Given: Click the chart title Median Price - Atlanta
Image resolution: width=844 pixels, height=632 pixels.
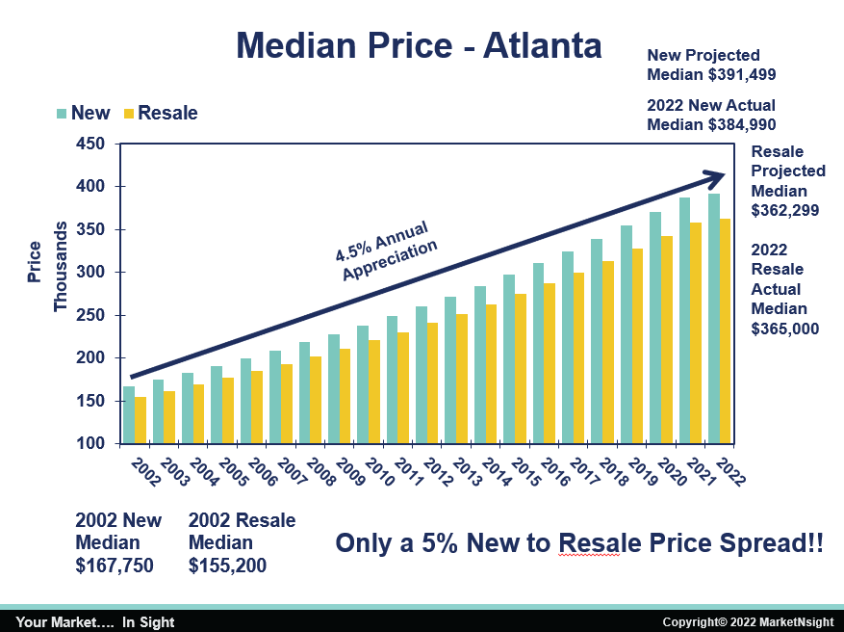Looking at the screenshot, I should coord(419,45).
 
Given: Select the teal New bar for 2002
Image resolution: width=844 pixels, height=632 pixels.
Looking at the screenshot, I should coord(129,415).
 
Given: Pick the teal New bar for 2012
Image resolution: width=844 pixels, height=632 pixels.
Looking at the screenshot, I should coord(422,375).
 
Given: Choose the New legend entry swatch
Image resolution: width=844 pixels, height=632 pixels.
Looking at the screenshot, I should coord(62,114).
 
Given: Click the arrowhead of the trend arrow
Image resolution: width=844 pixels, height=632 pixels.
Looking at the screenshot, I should coord(714,177).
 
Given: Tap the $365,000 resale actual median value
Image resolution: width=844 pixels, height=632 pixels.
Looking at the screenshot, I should coord(784,329).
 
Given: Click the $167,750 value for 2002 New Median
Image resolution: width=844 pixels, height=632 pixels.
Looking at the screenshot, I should coord(114,566).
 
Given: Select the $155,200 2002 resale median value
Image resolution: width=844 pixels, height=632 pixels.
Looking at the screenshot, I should coord(227,566).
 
